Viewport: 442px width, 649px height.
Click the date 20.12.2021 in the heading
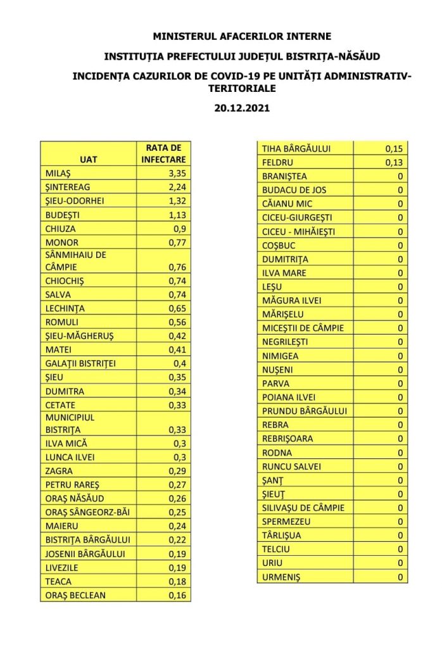point(242,108)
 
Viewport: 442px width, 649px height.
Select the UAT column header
point(89,159)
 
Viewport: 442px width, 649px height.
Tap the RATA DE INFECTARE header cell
point(163,153)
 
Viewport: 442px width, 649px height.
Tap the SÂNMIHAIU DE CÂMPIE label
point(75,260)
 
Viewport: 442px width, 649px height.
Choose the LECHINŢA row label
point(65,309)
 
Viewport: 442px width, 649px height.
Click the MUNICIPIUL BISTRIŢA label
point(70,423)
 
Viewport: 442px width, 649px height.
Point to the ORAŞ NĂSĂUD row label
point(75,498)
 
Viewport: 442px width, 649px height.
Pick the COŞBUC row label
point(279,245)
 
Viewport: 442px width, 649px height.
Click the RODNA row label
point(276,453)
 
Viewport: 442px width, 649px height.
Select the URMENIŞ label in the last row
point(281,577)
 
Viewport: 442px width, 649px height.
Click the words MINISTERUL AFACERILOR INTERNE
point(242,37)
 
